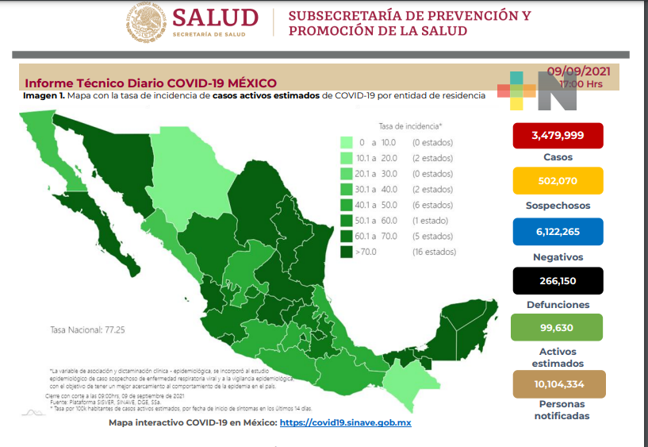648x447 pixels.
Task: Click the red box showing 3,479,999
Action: tap(558, 135)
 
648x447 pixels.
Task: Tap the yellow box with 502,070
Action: tap(558, 181)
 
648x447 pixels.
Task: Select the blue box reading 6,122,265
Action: tap(558, 231)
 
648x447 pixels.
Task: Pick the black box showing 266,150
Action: tap(558, 280)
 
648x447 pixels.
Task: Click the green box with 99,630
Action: tap(558, 327)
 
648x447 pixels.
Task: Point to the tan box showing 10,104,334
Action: tap(558, 383)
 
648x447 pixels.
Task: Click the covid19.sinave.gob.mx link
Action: tap(345, 423)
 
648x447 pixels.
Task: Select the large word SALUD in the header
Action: tap(214, 17)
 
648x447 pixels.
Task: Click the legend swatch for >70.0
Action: tap(347, 252)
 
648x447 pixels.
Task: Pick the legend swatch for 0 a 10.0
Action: tap(347, 143)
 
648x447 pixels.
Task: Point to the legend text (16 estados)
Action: tap(433, 252)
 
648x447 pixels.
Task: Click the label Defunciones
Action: tap(558, 305)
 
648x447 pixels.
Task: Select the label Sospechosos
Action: tap(558, 206)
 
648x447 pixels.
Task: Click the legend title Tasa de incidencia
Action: tap(410, 126)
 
